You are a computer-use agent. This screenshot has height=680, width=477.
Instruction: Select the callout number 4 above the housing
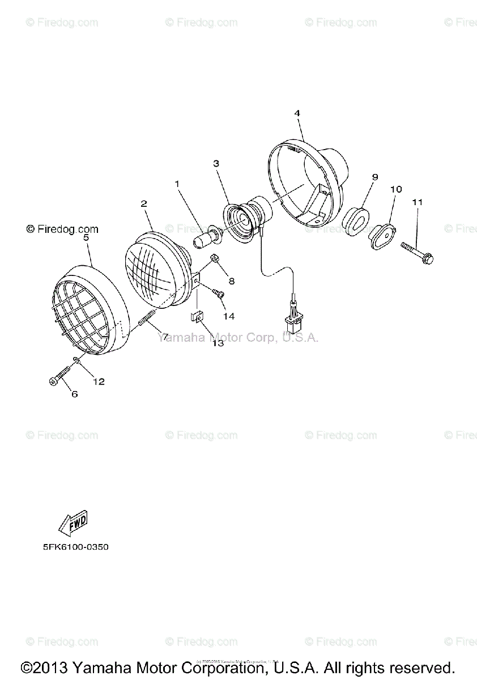[297, 113]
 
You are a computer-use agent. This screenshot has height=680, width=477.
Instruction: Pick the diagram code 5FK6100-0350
[75, 547]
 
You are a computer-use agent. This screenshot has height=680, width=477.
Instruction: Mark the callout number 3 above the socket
[216, 164]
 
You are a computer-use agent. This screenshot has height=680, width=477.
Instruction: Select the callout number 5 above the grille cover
[86, 239]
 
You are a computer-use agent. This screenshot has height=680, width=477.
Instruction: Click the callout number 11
[418, 202]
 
